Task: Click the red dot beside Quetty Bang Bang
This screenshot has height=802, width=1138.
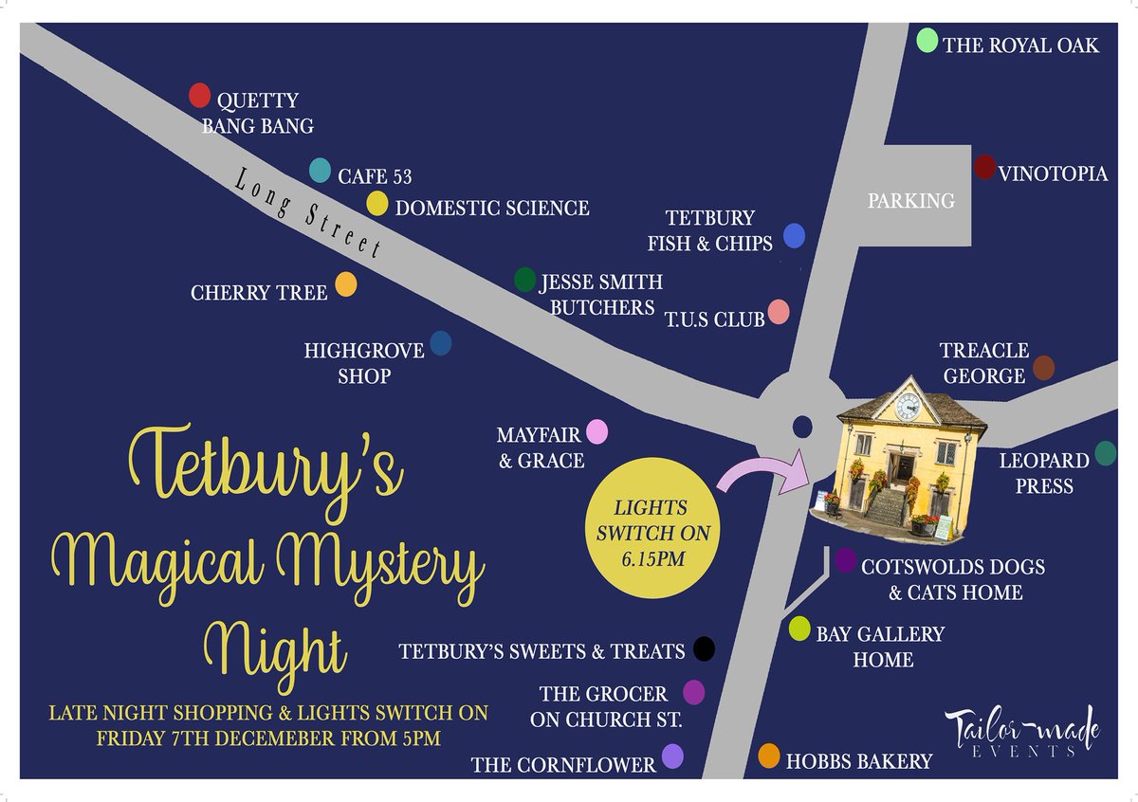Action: pyautogui.click(x=199, y=95)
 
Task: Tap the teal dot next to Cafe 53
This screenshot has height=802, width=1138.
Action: pyautogui.click(x=321, y=170)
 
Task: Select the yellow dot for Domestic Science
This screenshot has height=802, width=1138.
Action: pyautogui.click(x=377, y=204)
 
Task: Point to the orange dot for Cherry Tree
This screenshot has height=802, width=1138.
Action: pyautogui.click(x=346, y=284)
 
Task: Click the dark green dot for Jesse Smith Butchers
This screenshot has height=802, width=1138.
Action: pyautogui.click(x=524, y=280)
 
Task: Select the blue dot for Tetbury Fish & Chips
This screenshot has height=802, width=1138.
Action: pyautogui.click(x=794, y=236)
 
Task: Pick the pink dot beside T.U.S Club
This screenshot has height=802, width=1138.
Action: pyautogui.click(x=779, y=312)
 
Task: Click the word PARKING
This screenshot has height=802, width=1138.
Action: pyautogui.click(x=910, y=201)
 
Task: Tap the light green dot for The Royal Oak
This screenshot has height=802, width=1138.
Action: pyautogui.click(x=927, y=40)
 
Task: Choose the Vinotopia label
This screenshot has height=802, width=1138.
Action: pyautogui.click(x=1053, y=174)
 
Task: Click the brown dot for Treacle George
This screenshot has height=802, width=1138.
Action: pyautogui.click(x=1043, y=368)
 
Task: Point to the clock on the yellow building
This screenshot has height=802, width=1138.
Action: pyautogui.click(x=908, y=406)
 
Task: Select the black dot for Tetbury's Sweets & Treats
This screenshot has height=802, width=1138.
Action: pyautogui.click(x=703, y=648)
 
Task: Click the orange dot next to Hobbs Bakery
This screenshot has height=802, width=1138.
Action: pyautogui.click(x=769, y=756)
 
